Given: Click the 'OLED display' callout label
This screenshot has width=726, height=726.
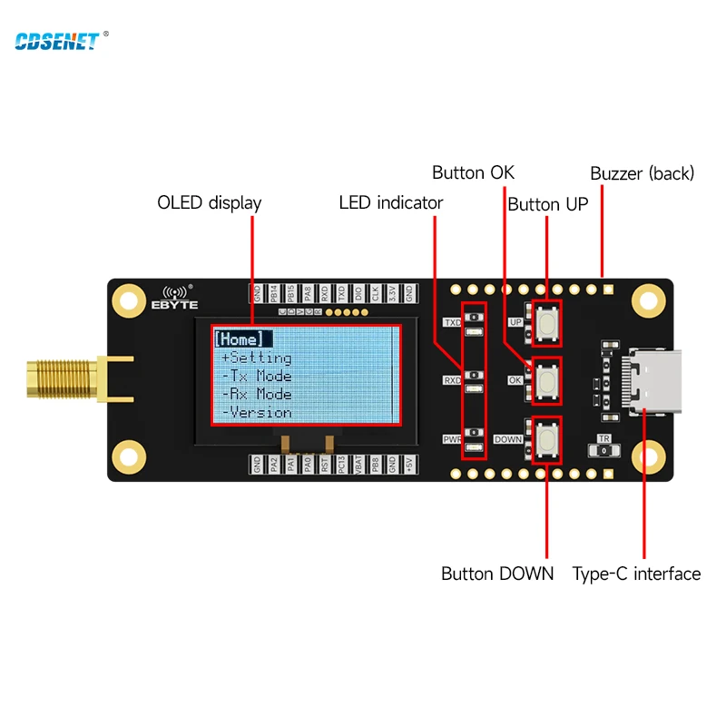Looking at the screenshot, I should (209, 202).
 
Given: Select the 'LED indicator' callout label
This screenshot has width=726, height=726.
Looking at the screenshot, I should (390, 202).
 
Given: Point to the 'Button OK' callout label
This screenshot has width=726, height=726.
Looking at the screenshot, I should (473, 172).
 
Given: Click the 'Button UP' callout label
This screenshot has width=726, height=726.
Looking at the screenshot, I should (547, 204).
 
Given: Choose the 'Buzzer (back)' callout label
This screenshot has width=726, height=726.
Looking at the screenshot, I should (642, 172).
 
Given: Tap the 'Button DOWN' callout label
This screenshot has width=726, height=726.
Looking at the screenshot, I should (496, 574).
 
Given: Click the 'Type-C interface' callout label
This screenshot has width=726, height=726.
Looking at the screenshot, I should (636, 574).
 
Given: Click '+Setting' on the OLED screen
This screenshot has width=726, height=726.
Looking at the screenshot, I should (257, 358).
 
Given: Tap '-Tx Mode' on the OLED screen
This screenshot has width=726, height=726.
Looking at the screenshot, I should (257, 376).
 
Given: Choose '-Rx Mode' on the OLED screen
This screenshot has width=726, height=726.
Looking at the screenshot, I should (257, 394).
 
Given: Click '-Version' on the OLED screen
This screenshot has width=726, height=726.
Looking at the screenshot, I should (257, 412).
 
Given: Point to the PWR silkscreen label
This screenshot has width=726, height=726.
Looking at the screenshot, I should (451, 439).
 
